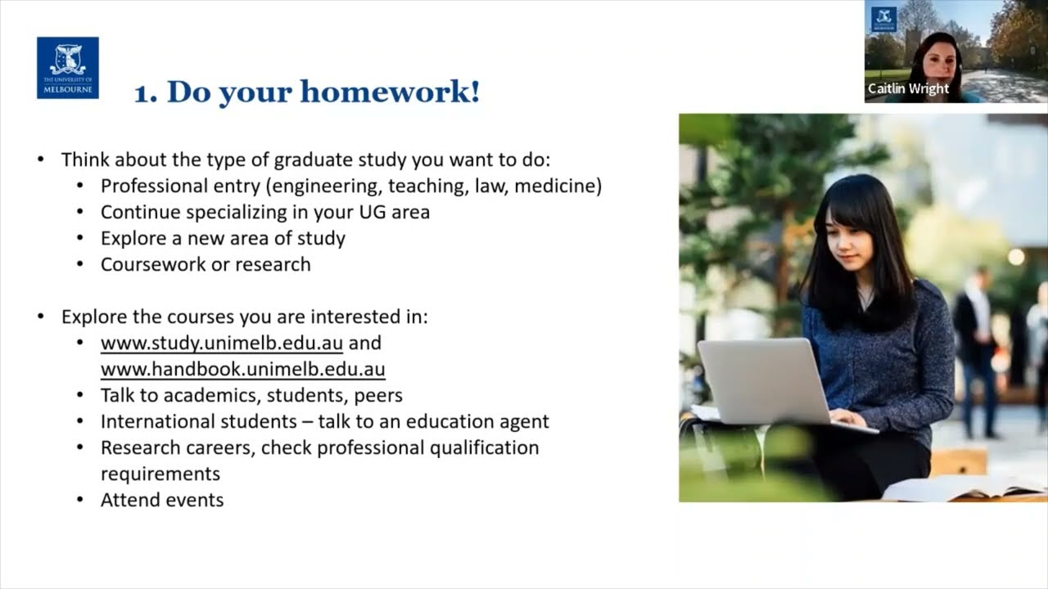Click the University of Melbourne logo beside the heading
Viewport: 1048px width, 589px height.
click(x=67, y=68)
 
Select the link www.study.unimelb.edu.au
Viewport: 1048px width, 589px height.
click(x=221, y=343)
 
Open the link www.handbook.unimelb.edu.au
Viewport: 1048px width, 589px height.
click(x=242, y=369)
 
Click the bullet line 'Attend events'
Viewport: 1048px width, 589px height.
click(x=162, y=500)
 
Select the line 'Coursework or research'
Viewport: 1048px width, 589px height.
click(x=206, y=264)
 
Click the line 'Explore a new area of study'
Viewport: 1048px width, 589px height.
click(x=223, y=238)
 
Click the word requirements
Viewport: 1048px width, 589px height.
click(x=160, y=474)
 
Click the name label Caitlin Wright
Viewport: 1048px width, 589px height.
click(x=908, y=88)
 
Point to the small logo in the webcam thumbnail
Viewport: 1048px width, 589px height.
click(x=883, y=19)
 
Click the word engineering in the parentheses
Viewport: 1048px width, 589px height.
click(x=332, y=186)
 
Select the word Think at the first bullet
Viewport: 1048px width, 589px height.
click(x=84, y=160)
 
